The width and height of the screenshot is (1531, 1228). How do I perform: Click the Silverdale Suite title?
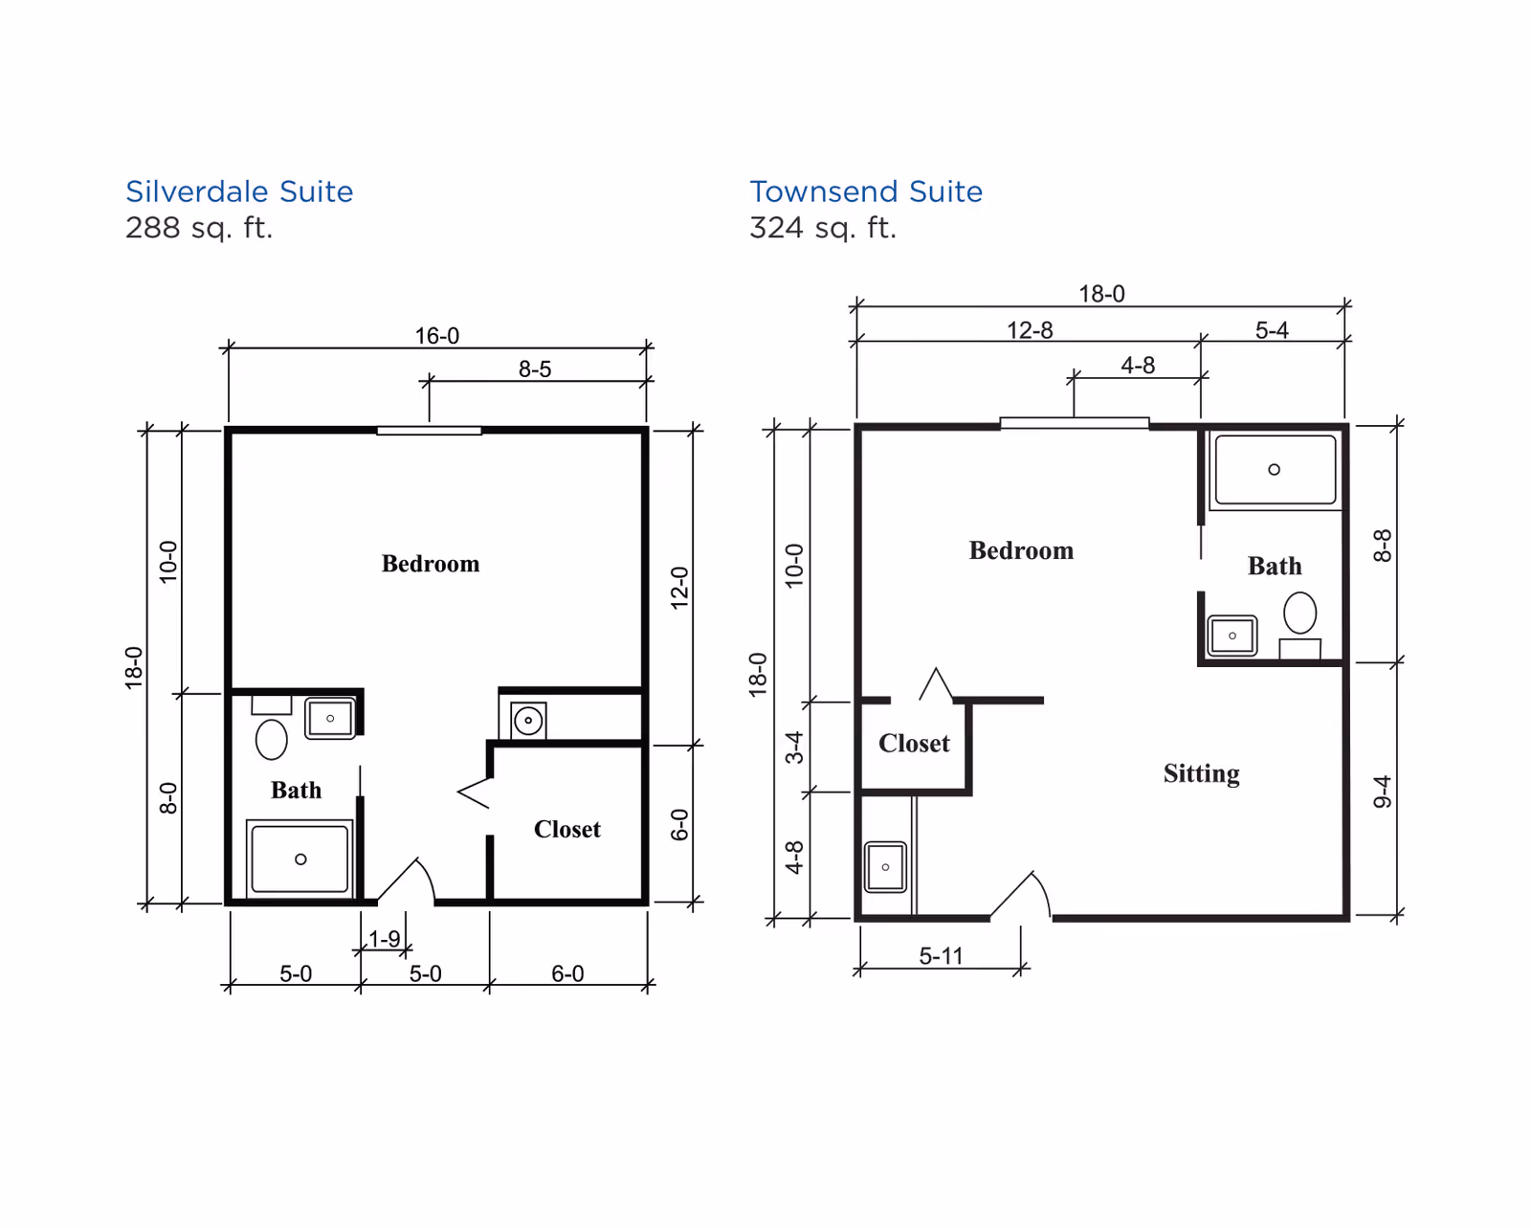point(239,191)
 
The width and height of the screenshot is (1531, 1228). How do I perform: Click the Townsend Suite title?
point(866,191)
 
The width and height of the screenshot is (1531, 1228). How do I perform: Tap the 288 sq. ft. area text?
point(199,228)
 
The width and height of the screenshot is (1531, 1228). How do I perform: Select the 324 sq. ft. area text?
point(823,228)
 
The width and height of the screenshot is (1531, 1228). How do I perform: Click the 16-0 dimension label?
point(437,335)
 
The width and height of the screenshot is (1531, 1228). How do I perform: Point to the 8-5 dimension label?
point(535,368)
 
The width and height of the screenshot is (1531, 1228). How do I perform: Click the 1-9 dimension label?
point(384,938)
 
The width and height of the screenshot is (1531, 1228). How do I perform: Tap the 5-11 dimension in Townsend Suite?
point(941,955)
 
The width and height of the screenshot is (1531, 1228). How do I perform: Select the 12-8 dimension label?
point(1030,330)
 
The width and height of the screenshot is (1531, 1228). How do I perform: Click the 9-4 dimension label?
point(1381,792)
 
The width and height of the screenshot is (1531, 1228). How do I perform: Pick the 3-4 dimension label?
point(793,747)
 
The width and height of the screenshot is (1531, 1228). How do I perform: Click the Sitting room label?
point(1202,773)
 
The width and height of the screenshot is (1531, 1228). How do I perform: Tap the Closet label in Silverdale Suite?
point(567,829)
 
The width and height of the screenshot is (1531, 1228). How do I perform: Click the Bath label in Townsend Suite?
point(1275,566)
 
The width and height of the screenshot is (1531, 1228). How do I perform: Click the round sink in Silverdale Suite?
point(528,721)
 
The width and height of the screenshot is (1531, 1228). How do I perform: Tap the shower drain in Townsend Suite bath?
point(1275,469)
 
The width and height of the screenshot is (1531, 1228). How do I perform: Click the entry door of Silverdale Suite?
point(407,881)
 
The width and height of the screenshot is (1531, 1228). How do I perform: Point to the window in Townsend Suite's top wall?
point(1075,423)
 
